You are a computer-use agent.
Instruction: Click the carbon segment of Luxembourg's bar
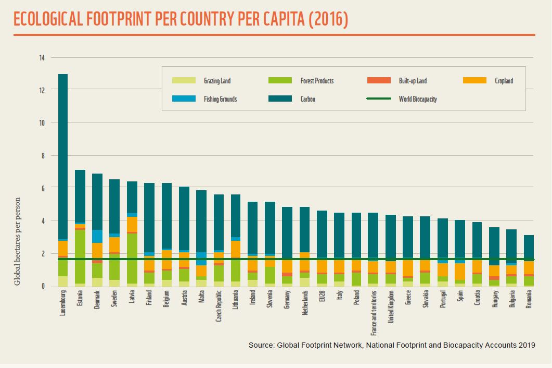(63, 156)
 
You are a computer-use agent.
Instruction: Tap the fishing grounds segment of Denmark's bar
(97, 236)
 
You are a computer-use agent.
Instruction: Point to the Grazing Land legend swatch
(184, 81)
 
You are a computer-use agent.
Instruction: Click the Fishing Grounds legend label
(220, 99)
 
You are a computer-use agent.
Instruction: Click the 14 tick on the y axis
(41, 58)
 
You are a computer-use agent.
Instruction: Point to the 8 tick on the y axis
(43, 156)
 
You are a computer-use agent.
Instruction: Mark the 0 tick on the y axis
(43, 286)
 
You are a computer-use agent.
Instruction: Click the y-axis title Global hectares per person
(17, 241)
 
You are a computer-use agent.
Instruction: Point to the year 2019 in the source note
(527, 345)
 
